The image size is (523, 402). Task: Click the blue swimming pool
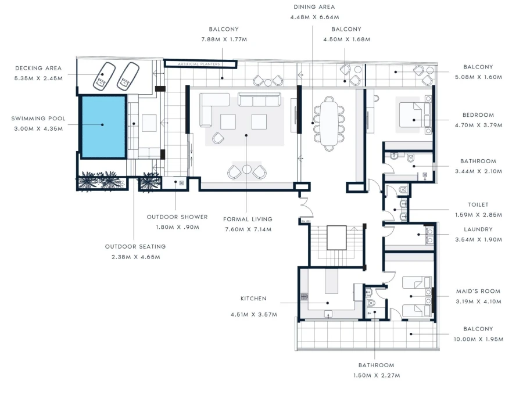(x=103, y=127)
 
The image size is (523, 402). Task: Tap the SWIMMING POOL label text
(x=38, y=119)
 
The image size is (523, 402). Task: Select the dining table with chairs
(x=329, y=123)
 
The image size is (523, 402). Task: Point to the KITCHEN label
(x=253, y=299)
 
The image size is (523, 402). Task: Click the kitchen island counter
(x=331, y=287)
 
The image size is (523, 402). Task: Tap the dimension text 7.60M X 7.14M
(x=248, y=229)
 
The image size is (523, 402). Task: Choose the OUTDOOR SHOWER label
(x=177, y=217)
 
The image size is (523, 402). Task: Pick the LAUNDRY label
(x=478, y=229)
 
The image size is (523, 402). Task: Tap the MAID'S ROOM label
(x=478, y=291)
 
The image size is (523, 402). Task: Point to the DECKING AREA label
(x=38, y=68)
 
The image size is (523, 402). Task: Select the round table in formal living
(x=247, y=170)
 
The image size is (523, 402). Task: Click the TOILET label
(x=478, y=204)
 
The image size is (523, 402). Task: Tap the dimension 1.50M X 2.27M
(x=376, y=375)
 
